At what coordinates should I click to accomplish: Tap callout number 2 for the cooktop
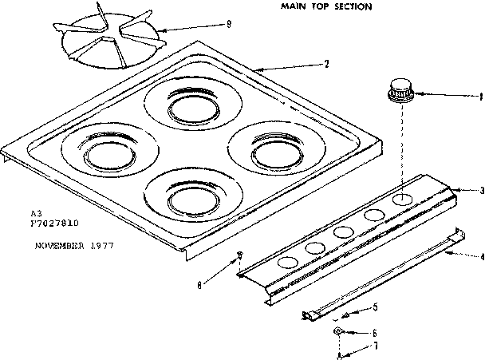tap(326, 64)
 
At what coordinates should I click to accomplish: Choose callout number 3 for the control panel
tap(482, 190)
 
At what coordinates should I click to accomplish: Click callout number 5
tap(376, 307)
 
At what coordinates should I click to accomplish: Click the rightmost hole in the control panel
tap(405, 198)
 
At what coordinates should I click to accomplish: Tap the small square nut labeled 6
tap(338, 329)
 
